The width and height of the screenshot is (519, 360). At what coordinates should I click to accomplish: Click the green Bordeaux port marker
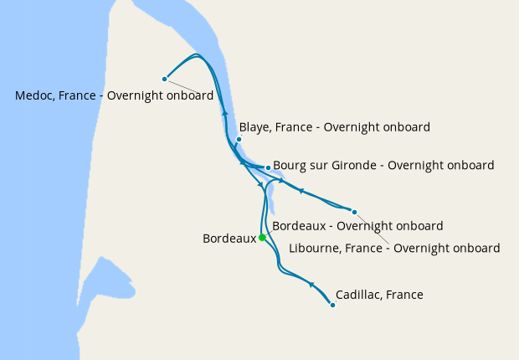[262, 238]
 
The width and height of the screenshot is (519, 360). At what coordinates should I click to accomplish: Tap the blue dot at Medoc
[165, 79]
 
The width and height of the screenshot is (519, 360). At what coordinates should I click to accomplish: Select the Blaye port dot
[239, 139]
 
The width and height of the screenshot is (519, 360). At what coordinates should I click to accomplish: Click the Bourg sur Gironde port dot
[267, 167]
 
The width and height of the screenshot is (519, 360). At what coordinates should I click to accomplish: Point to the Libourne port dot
[354, 212]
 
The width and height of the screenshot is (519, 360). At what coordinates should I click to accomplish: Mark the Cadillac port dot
[332, 305]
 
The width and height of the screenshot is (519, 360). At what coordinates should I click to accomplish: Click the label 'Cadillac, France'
[378, 295]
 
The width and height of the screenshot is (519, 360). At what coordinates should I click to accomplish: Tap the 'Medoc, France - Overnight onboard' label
[114, 95]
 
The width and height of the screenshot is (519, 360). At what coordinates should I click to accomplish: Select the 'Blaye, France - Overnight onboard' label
[334, 127]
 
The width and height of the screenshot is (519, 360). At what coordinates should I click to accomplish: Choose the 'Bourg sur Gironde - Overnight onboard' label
[383, 166]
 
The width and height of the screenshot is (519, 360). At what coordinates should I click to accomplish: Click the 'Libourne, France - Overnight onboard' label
[393, 248]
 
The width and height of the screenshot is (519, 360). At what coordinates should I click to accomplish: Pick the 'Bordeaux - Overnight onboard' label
[357, 226]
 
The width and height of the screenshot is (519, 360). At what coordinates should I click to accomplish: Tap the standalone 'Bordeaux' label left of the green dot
[229, 239]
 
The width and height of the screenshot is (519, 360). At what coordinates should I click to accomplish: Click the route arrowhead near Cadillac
[311, 285]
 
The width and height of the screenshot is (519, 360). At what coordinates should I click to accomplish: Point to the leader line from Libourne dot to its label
[373, 228]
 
